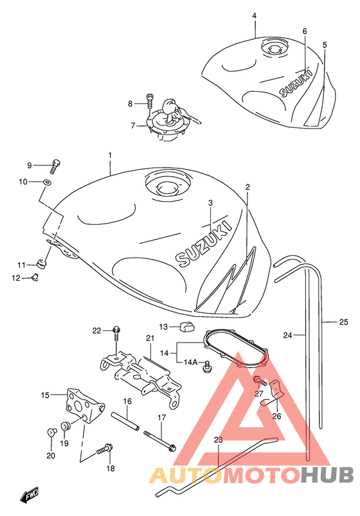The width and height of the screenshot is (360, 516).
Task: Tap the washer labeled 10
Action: [47, 181]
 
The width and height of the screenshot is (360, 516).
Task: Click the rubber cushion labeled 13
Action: [187, 326]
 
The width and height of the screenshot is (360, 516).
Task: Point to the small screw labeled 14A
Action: [208, 366]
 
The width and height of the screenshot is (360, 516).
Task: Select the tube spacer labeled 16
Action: [125, 420]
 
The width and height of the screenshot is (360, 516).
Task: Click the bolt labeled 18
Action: [105, 449]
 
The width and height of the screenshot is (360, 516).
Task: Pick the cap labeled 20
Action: [51, 431]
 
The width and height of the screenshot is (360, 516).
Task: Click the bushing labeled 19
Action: [66, 426]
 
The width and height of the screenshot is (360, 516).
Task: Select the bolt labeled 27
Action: [260, 382]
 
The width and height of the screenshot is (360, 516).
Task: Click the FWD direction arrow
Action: [30, 495]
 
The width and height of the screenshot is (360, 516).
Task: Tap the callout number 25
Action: [343, 322]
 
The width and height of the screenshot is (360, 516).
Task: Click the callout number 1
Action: [110, 155]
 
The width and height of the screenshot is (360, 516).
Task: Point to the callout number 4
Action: [255, 15]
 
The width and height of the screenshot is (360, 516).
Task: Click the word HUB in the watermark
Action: [327, 475]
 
